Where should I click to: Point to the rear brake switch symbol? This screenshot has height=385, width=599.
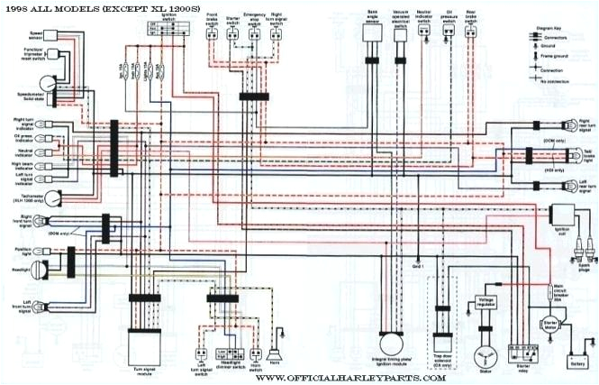470,32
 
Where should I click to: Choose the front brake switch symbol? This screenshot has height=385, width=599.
211,32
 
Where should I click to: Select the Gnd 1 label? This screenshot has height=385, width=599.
417,267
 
